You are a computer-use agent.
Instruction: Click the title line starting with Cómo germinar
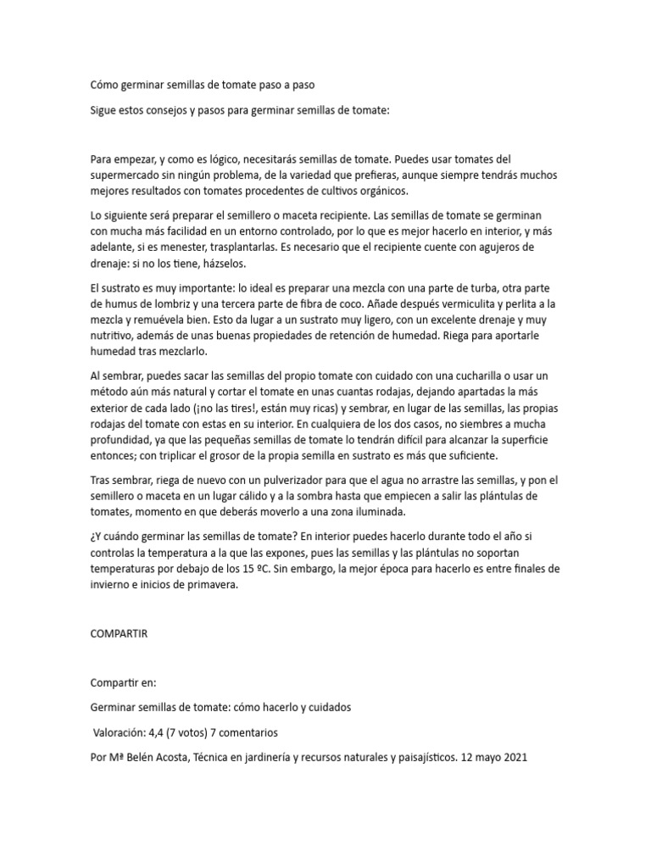(x=207, y=85)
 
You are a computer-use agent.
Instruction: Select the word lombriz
(x=190, y=303)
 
